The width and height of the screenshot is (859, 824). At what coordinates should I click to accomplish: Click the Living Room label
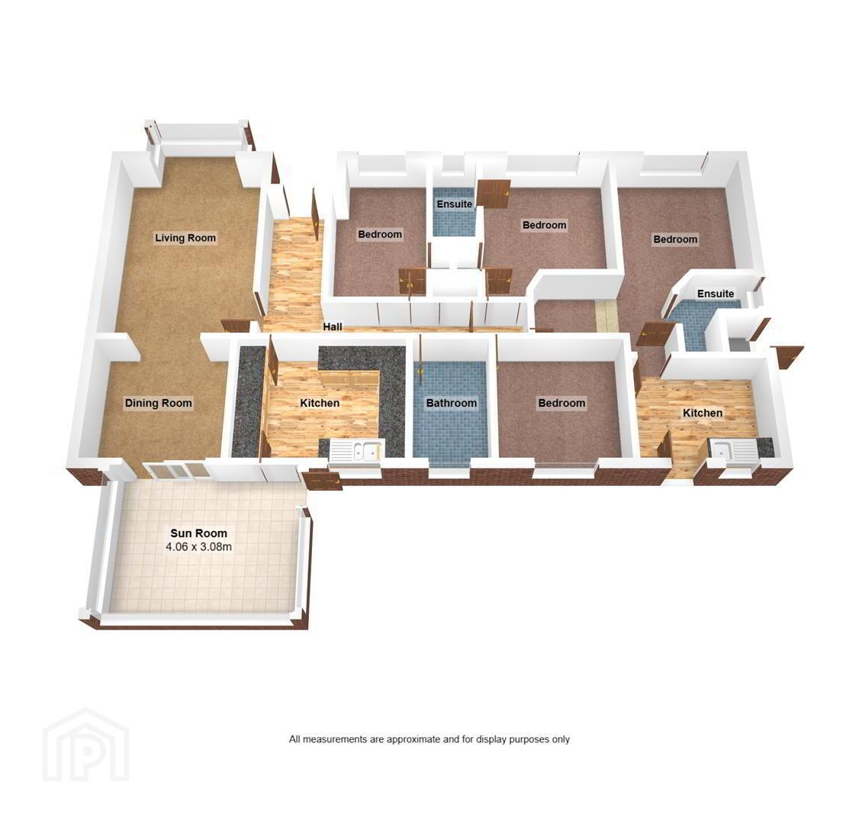tap(185, 238)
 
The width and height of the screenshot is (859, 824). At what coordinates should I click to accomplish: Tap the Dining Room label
tap(159, 404)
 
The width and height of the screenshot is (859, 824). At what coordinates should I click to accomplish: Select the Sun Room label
tap(198, 533)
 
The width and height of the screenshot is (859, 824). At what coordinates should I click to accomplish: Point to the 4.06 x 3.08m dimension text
tap(198, 547)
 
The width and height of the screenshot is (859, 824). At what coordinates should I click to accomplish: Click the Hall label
tap(333, 327)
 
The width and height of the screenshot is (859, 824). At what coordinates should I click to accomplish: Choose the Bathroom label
tap(452, 404)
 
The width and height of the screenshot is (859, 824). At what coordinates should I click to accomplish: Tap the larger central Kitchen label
tap(320, 404)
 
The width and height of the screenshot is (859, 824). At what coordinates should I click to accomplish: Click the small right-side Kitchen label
tap(703, 413)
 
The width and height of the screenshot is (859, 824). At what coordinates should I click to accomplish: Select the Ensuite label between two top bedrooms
tap(454, 204)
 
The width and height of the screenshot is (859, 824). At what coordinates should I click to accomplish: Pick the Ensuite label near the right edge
tap(716, 294)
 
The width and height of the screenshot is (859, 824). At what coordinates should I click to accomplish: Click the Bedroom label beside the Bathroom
tap(561, 404)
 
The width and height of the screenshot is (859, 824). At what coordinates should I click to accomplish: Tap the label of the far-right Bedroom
tap(675, 240)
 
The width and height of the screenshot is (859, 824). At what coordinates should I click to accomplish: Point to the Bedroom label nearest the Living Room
tap(380, 234)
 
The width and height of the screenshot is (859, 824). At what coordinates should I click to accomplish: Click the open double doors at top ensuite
tap(493, 194)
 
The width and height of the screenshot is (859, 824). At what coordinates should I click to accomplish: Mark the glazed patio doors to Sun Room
tap(175, 472)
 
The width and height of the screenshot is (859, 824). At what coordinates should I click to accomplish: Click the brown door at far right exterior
tap(787, 358)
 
